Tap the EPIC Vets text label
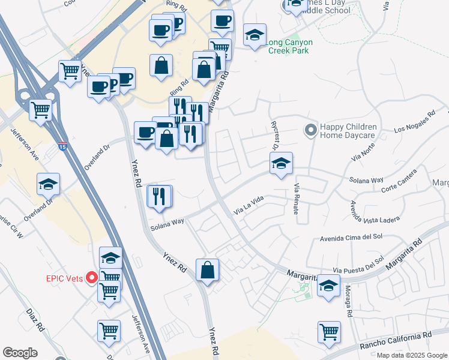tap(66, 278)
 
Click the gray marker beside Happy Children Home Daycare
tap(310, 130)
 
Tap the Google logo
tap(20, 352)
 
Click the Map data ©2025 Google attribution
tap(411, 355)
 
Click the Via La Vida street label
tap(249, 208)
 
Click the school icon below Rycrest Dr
tap(280, 163)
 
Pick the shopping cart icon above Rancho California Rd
tap(330, 332)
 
